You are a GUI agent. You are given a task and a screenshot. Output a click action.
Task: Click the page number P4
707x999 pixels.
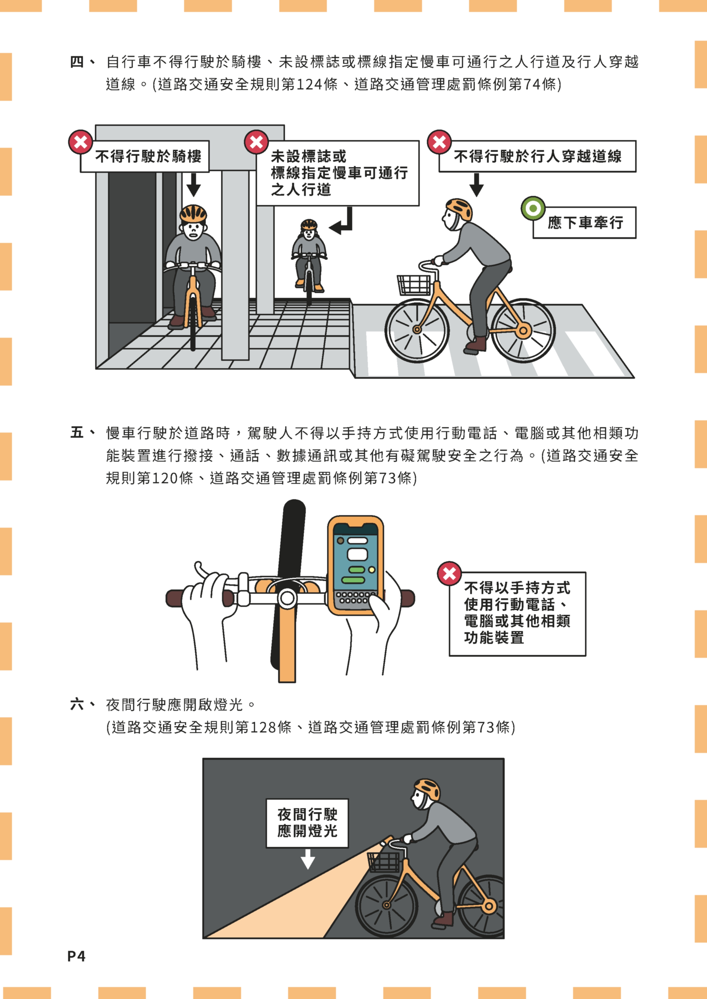point(76,956)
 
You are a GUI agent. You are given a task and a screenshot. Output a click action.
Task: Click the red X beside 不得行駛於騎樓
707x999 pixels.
point(81,142)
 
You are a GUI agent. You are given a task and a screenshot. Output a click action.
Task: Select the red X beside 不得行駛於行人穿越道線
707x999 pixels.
point(439,142)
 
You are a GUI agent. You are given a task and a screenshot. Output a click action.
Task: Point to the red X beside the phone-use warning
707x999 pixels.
point(449,574)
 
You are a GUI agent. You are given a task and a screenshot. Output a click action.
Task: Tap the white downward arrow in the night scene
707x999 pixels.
point(308,859)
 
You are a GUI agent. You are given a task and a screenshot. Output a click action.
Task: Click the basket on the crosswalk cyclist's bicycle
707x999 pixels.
point(413,285)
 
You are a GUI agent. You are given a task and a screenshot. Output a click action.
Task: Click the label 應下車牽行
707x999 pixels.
point(585,223)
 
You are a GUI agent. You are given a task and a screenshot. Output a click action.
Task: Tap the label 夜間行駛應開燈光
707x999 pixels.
point(307,823)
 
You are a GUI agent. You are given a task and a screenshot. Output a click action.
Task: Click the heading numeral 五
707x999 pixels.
point(77,433)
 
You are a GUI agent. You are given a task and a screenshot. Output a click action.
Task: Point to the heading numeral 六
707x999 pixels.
point(77,704)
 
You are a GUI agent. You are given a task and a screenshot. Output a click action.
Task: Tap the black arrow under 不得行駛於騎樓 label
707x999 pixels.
point(193,185)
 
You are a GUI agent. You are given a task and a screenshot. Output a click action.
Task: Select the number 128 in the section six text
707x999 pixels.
point(263,727)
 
